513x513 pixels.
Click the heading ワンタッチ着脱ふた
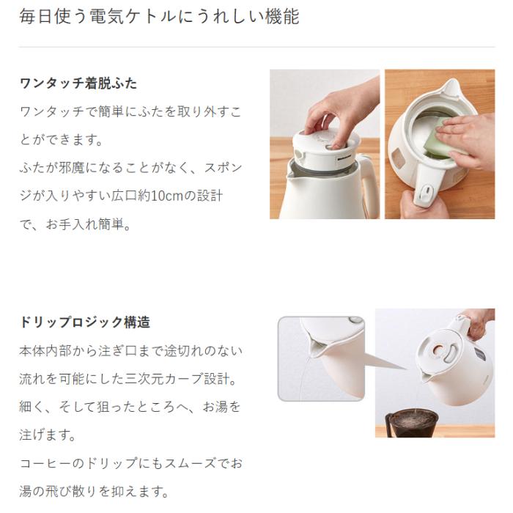pyautogui.click(x=78, y=84)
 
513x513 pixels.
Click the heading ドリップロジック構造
pyautogui.click(x=85, y=322)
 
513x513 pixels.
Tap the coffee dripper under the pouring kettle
pyautogui.click(x=412, y=423)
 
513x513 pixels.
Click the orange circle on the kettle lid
pyautogui.click(x=438, y=350)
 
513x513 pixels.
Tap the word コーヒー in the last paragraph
pyautogui.click(x=45, y=463)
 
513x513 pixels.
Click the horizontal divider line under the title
pyautogui.click(x=257, y=47)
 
